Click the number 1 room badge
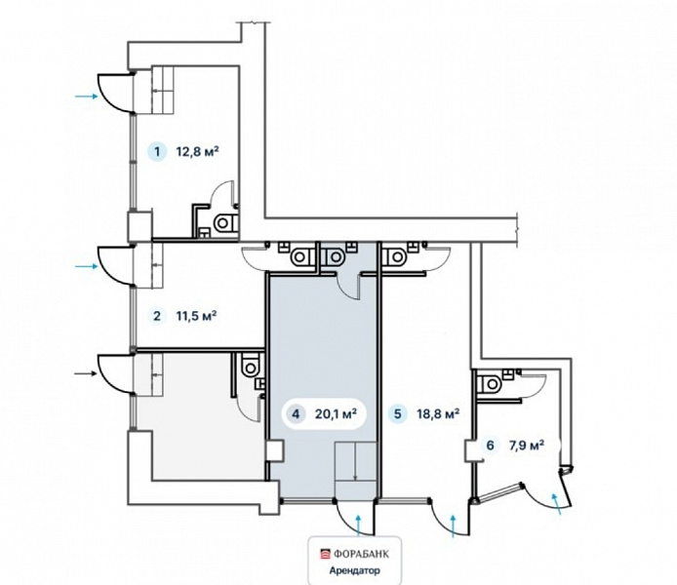click(157, 152)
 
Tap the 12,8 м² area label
click(197, 151)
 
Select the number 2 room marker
click(157, 316)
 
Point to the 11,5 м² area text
click(196, 316)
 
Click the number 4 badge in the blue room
click(296, 414)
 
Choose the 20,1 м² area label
click(336, 414)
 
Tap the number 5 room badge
click(398, 414)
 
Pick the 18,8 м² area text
click(438, 414)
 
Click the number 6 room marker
click(490, 445)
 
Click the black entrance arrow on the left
click(86, 373)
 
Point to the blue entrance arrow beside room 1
click(87, 97)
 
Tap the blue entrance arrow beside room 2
click(87, 266)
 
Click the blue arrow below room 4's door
click(358, 526)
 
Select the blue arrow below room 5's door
click(454, 526)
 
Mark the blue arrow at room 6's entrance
click(557, 504)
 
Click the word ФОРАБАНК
click(360, 554)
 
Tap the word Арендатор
click(355, 570)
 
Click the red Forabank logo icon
click(325, 554)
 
